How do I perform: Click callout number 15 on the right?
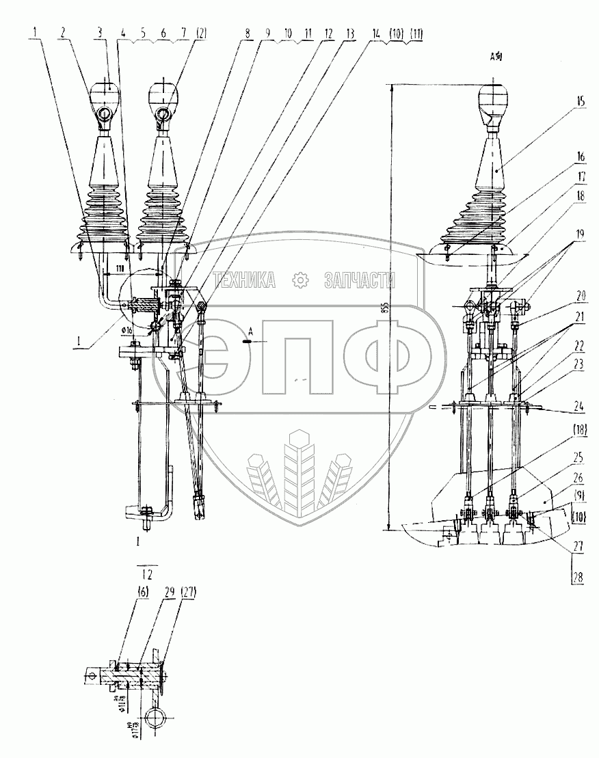coord(580,100)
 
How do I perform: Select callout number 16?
coord(580,157)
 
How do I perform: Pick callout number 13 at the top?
coord(351,33)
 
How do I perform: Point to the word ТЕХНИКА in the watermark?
coord(244,279)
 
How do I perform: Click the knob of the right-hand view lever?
coord(494,96)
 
